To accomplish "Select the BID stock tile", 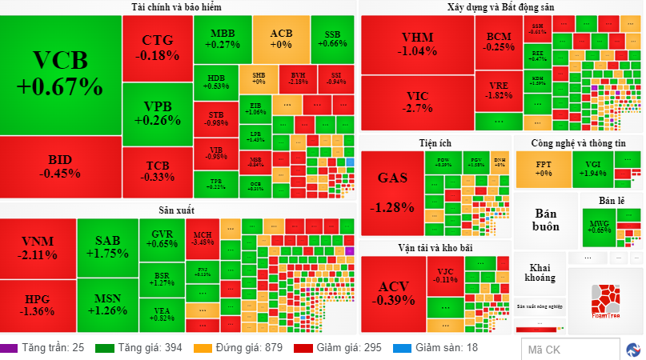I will point(61,166).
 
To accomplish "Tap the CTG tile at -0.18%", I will point(157,47).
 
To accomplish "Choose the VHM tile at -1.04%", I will point(416,44).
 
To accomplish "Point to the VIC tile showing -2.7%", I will point(416,102).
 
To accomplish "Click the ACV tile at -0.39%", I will point(393,293).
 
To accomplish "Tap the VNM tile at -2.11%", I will point(38,248).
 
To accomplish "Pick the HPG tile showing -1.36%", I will point(38,306).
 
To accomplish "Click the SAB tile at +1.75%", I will point(107,246).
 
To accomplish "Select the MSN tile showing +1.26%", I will point(107,305).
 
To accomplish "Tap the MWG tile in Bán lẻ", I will point(599,226).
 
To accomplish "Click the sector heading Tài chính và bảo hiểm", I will point(178,7).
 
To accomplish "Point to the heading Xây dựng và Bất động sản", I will point(500,7).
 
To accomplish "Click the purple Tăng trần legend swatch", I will point(9,348).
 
